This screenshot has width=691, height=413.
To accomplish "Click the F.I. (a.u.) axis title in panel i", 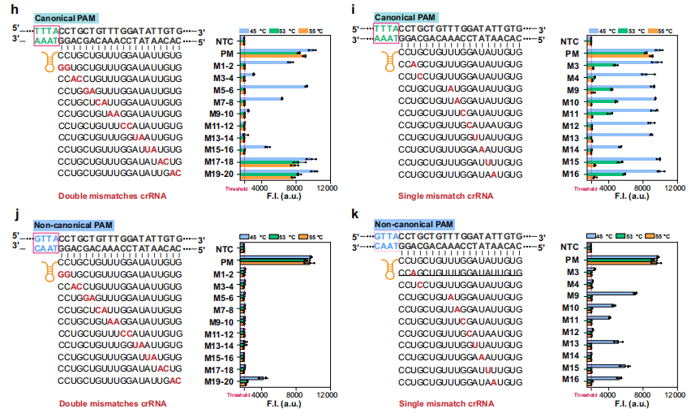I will pos(630,196).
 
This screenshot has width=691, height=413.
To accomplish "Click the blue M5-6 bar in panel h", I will pos(276,87).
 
